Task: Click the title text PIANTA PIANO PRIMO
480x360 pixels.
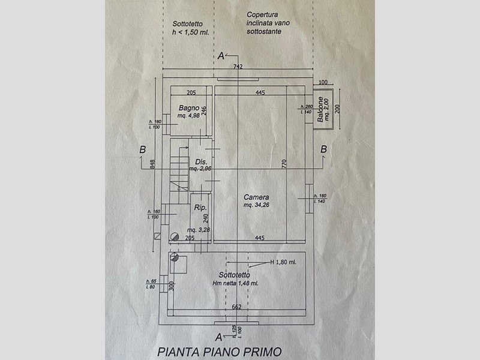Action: pyautogui.click(x=218, y=352)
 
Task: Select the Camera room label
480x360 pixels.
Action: pyautogui.click(x=256, y=197)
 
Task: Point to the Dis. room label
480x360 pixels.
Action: pyautogui.click(x=200, y=161)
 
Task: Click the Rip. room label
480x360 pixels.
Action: pyautogui.click(x=200, y=208)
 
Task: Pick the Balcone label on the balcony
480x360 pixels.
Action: pyautogui.click(x=321, y=110)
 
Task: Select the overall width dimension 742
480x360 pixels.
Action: pyautogui.click(x=238, y=67)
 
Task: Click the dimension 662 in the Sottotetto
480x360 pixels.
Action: pyautogui.click(x=237, y=307)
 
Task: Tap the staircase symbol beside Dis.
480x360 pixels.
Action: pyautogui.click(x=178, y=169)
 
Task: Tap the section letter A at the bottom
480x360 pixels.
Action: pyautogui.click(x=220, y=337)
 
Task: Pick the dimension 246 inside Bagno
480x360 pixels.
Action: pyautogui.click(x=205, y=111)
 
